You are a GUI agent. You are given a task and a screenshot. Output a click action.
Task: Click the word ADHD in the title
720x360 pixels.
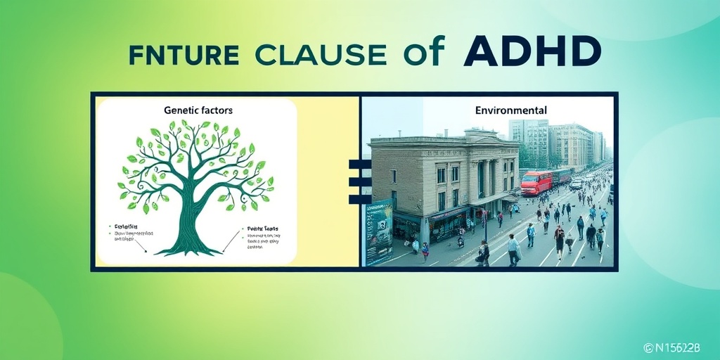[x=524, y=52]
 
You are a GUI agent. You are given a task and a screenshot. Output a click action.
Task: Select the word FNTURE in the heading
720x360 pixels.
[x=184, y=54]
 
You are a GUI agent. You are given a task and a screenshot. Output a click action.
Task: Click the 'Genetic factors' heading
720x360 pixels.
[x=198, y=110]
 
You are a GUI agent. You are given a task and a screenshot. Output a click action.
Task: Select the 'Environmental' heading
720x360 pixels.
[x=511, y=110]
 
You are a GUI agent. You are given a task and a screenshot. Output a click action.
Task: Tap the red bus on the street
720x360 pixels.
[x=536, y=183]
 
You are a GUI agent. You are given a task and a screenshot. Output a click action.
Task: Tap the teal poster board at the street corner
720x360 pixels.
[x=378, y=231]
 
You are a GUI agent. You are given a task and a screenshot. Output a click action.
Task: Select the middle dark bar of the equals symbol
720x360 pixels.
[x=359, y=181]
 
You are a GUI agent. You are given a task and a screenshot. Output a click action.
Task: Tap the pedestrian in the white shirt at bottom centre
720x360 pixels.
[x=513, y=247]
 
